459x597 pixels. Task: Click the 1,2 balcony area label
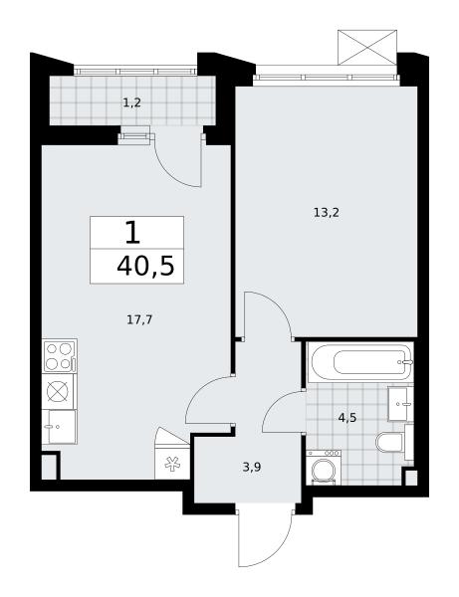pyautogui.click(x=132, y=102)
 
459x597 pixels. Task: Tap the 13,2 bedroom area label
pyautogui.click(x=326, y=213)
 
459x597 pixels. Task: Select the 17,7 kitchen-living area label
pyautogui.click(x=139, y=319)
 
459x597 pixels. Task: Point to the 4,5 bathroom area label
pyautogui.click(x=347, y=418)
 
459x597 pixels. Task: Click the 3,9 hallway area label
pyautogui.click(x=252, y=468)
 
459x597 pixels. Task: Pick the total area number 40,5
pyautogui.click(x=145, y=266)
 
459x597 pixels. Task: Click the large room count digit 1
pyautogui.click(x=132, y=233)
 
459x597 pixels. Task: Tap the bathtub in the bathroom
pyautogui.click(x=361, y=362)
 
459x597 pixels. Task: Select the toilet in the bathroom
pyautogui.click(x=391, y=442)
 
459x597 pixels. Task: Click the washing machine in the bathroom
pyautogui.click(x=324, y=468)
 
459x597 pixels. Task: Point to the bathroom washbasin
pyautogui.click(x=400, y=404)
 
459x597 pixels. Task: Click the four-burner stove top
pyautogui.click(x=60, y=356)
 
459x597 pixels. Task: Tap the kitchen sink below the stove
pyautogui.click(x=60, y=427)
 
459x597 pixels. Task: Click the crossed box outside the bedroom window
pyautogui.click(x=367, y=47)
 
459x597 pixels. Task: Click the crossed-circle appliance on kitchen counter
pyautogui.click(x=60, y=391)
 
